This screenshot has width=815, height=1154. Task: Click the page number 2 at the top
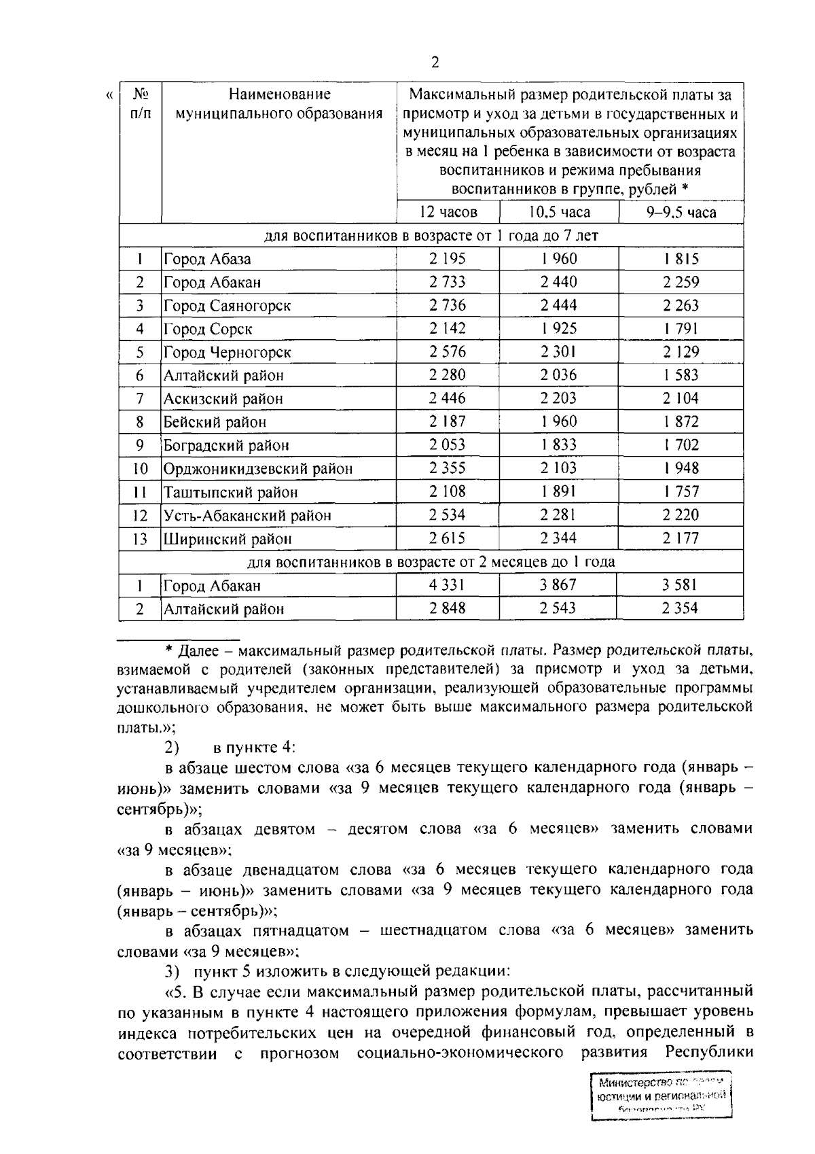point(435,63)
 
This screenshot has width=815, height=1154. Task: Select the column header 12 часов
point(448,212)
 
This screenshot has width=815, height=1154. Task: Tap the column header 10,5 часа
point(559,212)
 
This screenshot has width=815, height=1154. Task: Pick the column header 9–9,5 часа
point(681,212)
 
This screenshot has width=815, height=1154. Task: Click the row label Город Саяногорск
point(227,306)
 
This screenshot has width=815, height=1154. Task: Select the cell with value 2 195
point(448,259)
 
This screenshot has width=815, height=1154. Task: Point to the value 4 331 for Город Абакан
point(448,585)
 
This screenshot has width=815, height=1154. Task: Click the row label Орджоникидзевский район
point(258,469)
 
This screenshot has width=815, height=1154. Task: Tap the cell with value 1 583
point(681,375)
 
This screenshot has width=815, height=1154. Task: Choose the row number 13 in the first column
point(140,539)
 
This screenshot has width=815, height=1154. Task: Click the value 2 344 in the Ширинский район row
point(559,539)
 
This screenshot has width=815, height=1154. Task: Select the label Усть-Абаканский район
point(247,515)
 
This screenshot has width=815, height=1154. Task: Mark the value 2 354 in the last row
point(681,608)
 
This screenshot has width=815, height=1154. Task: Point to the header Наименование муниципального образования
point(279,104)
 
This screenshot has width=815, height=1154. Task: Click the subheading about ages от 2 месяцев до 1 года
point(431,562)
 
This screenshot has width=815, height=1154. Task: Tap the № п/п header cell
point(140,103)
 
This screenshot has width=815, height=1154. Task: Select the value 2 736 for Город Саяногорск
point(448,306)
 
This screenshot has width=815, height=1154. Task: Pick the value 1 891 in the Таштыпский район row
point(559,492)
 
